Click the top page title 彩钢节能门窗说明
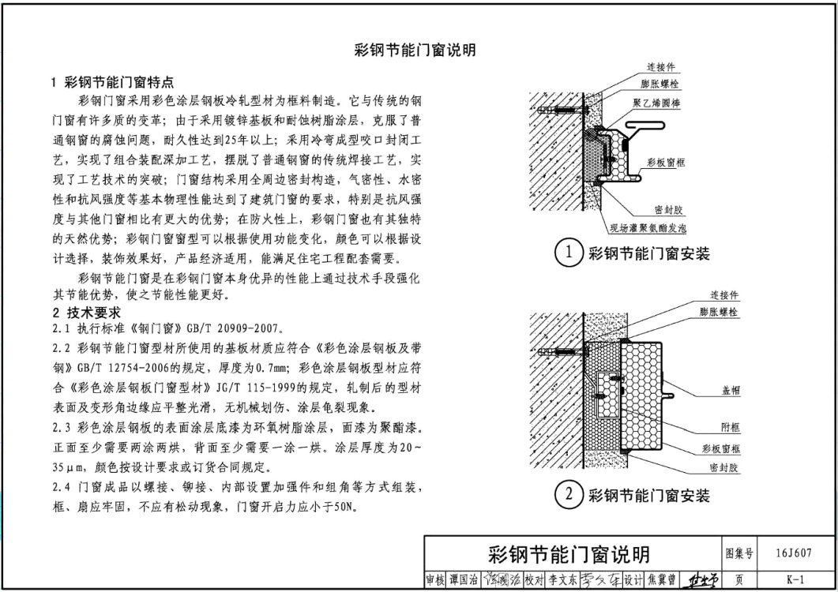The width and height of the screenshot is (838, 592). point(415,51)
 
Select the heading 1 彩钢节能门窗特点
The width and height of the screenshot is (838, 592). point(113,82)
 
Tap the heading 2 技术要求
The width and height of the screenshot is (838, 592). point(87,313)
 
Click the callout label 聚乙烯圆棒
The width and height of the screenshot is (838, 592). point(656,103)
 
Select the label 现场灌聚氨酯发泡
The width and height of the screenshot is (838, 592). point(648,228)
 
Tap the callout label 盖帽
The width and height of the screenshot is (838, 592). point(731,391)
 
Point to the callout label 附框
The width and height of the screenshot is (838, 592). point(731,428)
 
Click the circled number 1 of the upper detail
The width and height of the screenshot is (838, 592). point(568,252)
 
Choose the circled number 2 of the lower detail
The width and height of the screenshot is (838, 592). point(568,494)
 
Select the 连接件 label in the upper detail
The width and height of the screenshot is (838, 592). point(661,67)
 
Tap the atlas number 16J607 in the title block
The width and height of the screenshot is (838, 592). point(794,553)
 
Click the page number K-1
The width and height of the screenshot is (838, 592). point(795,579)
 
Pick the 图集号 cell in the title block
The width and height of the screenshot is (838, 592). point(739,553)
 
